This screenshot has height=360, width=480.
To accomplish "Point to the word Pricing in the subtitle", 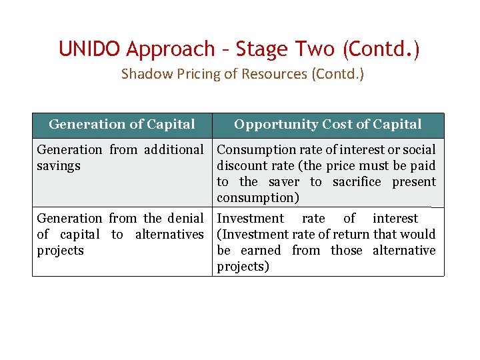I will tap(187, 74).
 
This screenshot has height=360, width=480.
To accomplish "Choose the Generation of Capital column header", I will tap(122, 125).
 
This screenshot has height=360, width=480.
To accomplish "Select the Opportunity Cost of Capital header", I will tap(327, 125).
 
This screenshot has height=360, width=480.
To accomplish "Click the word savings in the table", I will tap(59, 166).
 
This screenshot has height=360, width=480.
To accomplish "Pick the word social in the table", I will tap(418, 150).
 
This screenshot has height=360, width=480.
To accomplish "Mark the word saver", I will tap(284, 182).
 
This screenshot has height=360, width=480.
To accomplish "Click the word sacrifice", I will tap(357, 182).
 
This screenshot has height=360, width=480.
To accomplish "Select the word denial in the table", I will tap(185, 219).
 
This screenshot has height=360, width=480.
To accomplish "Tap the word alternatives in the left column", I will tap(169, 235).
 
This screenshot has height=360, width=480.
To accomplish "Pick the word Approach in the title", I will tap(171, 49).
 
